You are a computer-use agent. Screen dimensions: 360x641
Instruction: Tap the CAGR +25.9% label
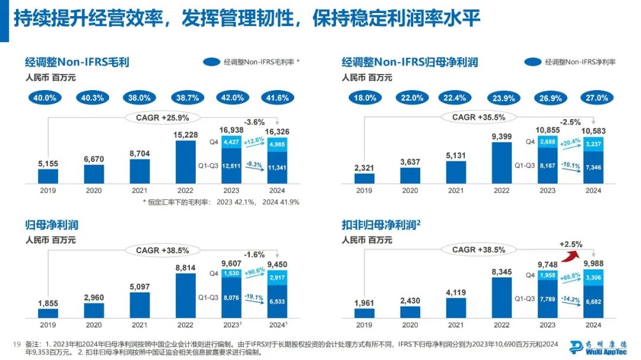pos(153,117)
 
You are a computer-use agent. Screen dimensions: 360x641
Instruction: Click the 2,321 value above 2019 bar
pos(364,166)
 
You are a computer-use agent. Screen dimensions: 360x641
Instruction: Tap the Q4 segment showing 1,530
pos(231,273)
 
